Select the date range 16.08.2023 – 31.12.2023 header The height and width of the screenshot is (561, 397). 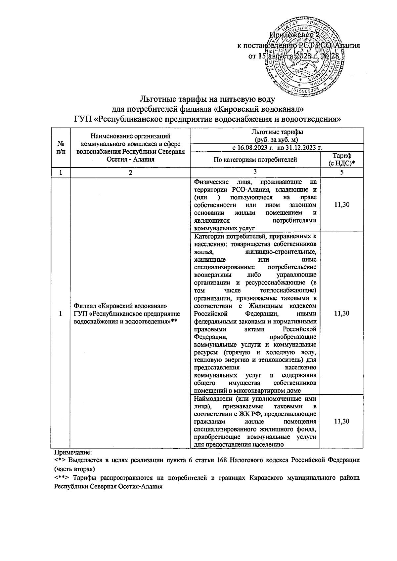[277, 148]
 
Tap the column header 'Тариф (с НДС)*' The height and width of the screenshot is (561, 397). [342, 160]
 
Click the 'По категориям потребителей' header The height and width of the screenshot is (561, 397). [255, 160]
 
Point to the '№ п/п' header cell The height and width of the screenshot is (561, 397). [61, 148]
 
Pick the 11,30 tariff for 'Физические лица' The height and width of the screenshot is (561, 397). [342, 205]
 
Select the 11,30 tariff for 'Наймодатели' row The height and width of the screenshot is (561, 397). [342, 421]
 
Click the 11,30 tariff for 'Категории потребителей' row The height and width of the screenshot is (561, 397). [342, 313]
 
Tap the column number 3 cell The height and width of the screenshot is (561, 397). [255, 171]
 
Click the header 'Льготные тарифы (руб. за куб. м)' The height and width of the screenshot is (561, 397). [277, 135]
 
